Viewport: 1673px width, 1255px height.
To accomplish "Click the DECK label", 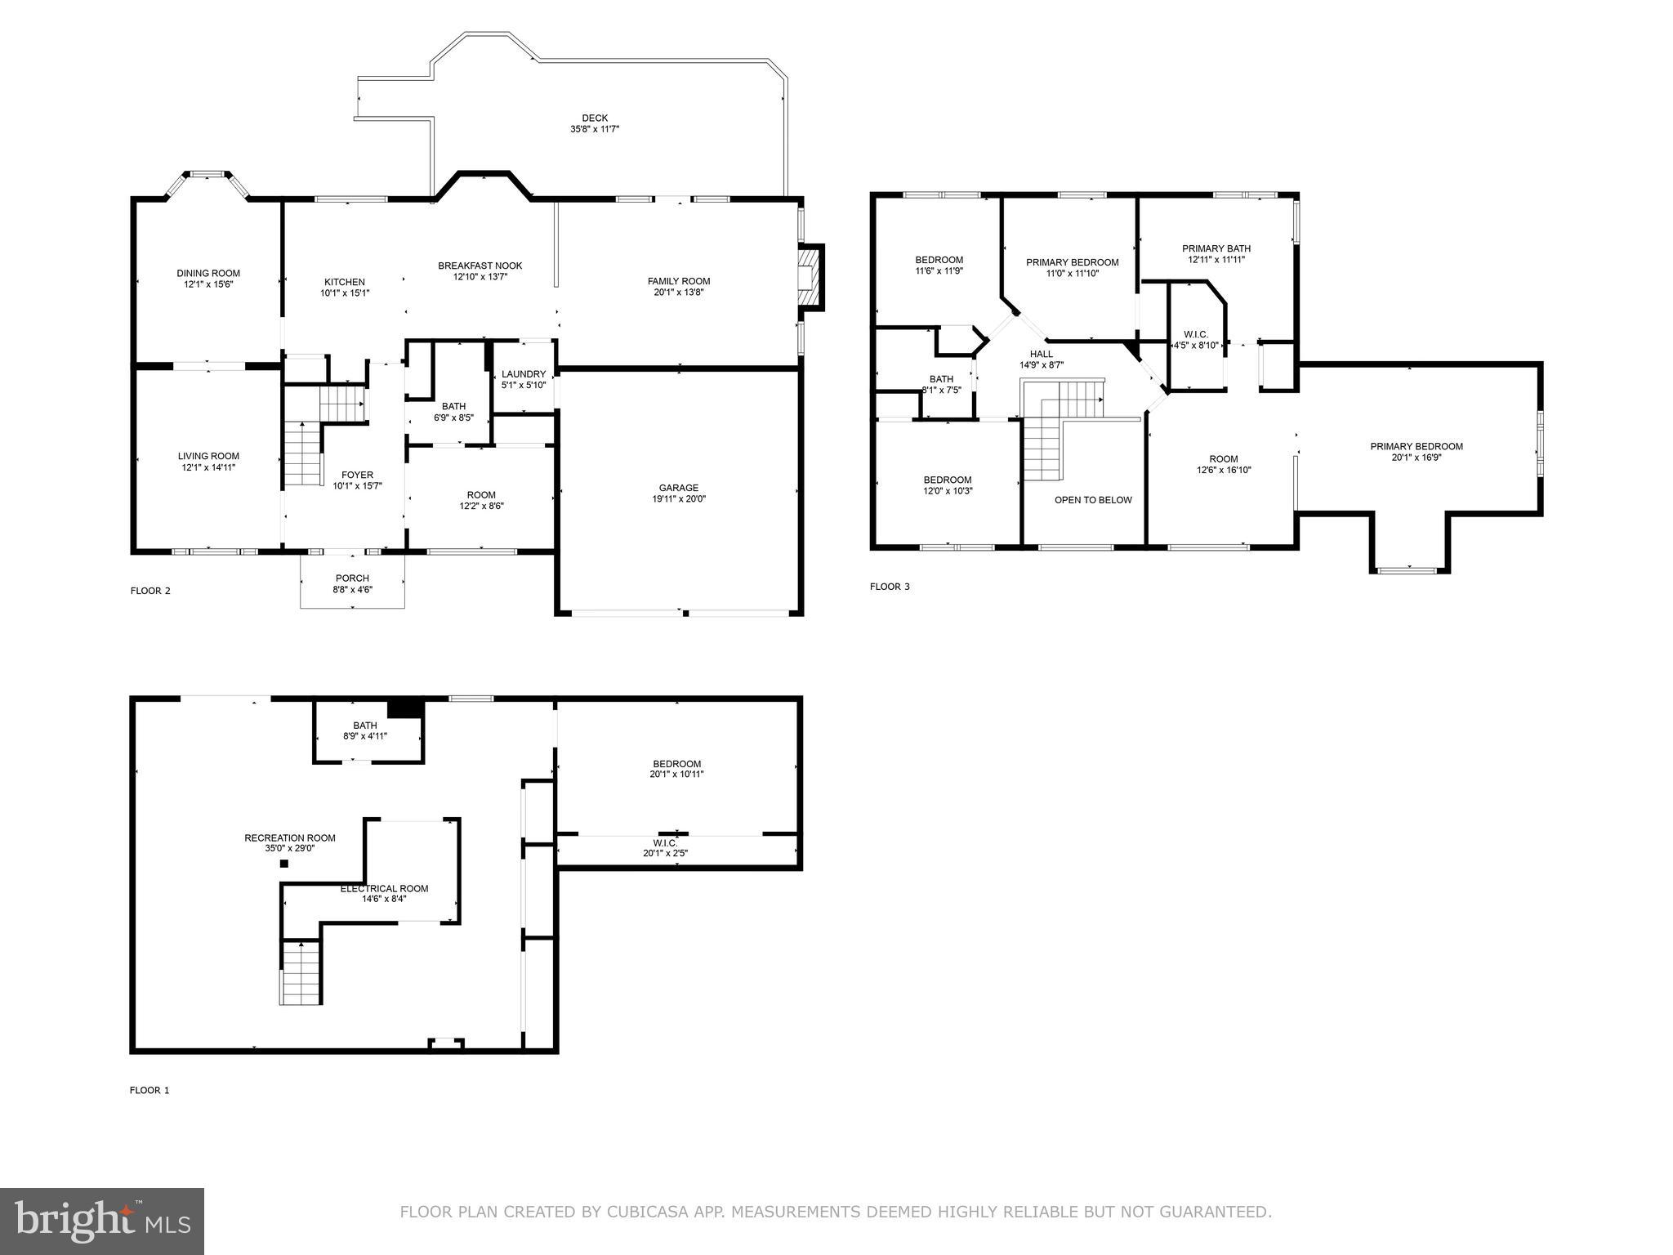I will click(x=595, y=118).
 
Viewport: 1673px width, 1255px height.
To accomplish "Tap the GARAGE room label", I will click(x=679, y=488).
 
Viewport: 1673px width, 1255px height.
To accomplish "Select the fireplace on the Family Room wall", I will click(x=809, y=277).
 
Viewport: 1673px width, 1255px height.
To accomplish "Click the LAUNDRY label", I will click(x=524, y=374).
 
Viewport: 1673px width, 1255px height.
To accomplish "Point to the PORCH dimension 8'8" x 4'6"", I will click(x=352, y=589).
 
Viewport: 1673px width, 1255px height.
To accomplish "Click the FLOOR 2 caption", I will click(x=150, y=591).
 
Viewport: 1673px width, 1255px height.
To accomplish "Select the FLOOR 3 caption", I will click(x=890, y=587).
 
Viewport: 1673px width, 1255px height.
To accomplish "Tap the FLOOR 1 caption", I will click(x=149, y=1090).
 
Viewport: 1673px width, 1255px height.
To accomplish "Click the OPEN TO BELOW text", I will click(x=1093, y=500).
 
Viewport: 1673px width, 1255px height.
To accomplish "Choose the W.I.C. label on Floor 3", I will click(x=1196, y=334).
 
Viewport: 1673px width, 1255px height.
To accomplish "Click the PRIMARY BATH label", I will click(x=1216, y=248).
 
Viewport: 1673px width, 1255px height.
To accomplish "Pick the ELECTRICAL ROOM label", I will click(x=384, y=888).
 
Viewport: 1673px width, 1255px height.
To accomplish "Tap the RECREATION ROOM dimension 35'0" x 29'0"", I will click(x=290, y=848).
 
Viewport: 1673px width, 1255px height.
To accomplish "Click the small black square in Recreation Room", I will click(x=284, y=863).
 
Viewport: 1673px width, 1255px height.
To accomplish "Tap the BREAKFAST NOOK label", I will click(x=480, y=266).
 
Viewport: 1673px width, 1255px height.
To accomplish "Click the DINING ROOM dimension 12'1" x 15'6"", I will click(x=208, y=284).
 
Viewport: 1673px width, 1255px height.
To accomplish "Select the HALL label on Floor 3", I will click(x=1041, y=354).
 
